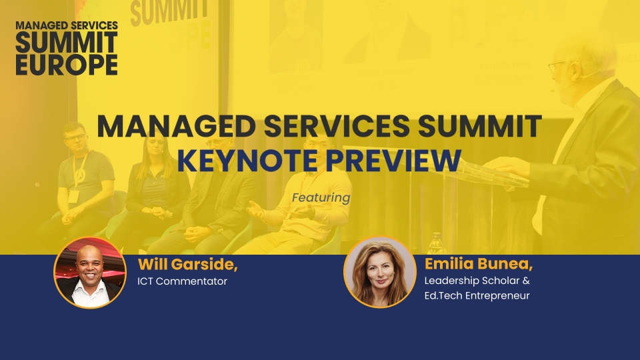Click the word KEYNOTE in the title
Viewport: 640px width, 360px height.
click(x=247, y=161)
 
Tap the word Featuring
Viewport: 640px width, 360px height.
click(x=321, y=198)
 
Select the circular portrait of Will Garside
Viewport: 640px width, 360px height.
click(x=90, y=272)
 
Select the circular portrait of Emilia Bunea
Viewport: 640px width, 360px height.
click(x=380, y=272)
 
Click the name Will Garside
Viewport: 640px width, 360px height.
click(x=188, y=265)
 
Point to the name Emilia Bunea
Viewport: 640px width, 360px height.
click(x=479, y=264)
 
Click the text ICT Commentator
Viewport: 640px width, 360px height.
click(x=182, y=281)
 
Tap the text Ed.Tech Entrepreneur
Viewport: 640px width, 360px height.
click(x=477, y=295)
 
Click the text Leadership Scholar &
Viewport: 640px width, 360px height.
click(x=477, y=281)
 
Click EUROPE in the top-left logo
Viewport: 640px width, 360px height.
click(x=67, y=65)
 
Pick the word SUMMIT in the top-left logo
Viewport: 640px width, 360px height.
click(x=67, y=43)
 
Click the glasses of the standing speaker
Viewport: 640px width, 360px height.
click(x=557, y=67)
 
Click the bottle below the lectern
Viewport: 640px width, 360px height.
click(x=436, y=243)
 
